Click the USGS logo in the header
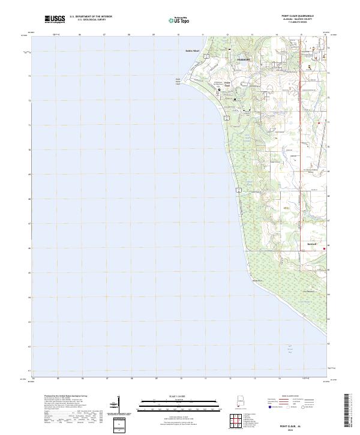click(55, 19)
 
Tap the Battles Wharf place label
click(192, 50)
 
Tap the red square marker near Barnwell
click(325, 248)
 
